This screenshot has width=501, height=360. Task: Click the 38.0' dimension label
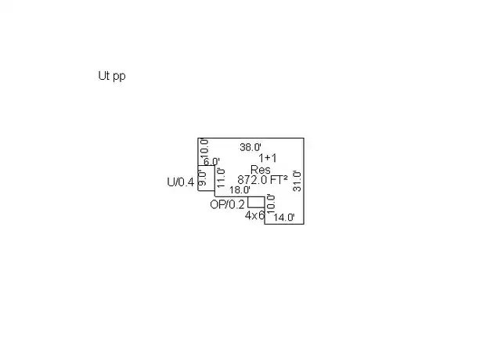coord(250,147)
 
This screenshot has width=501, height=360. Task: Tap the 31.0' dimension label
coord(297,181)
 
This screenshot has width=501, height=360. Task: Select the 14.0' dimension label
coord(284,218)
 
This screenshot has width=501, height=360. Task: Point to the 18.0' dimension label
coord(240,189)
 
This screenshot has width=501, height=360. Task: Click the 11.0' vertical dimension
coord(221,178)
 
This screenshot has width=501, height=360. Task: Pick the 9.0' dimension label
coord(202,178)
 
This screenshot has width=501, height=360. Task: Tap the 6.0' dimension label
coord(211,161)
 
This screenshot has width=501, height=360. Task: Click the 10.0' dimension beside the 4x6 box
coord(270,203)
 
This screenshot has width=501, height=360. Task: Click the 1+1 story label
coord(268,158)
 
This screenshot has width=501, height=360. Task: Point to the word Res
coord(261,170)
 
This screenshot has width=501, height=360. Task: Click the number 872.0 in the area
coord(252,180)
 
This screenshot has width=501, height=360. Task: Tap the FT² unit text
coord(279,180)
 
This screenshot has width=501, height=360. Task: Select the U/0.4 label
coord(181,182)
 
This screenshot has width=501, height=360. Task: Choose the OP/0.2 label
coord(227,204)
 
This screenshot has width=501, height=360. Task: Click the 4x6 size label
coord(255,216)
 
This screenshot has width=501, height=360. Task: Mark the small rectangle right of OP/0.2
coord(256,202)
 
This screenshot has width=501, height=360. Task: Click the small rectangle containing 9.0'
coord(207,178)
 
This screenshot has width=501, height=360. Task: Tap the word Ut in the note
coord(104,76)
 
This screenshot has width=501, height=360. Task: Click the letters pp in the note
coord(119,77)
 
